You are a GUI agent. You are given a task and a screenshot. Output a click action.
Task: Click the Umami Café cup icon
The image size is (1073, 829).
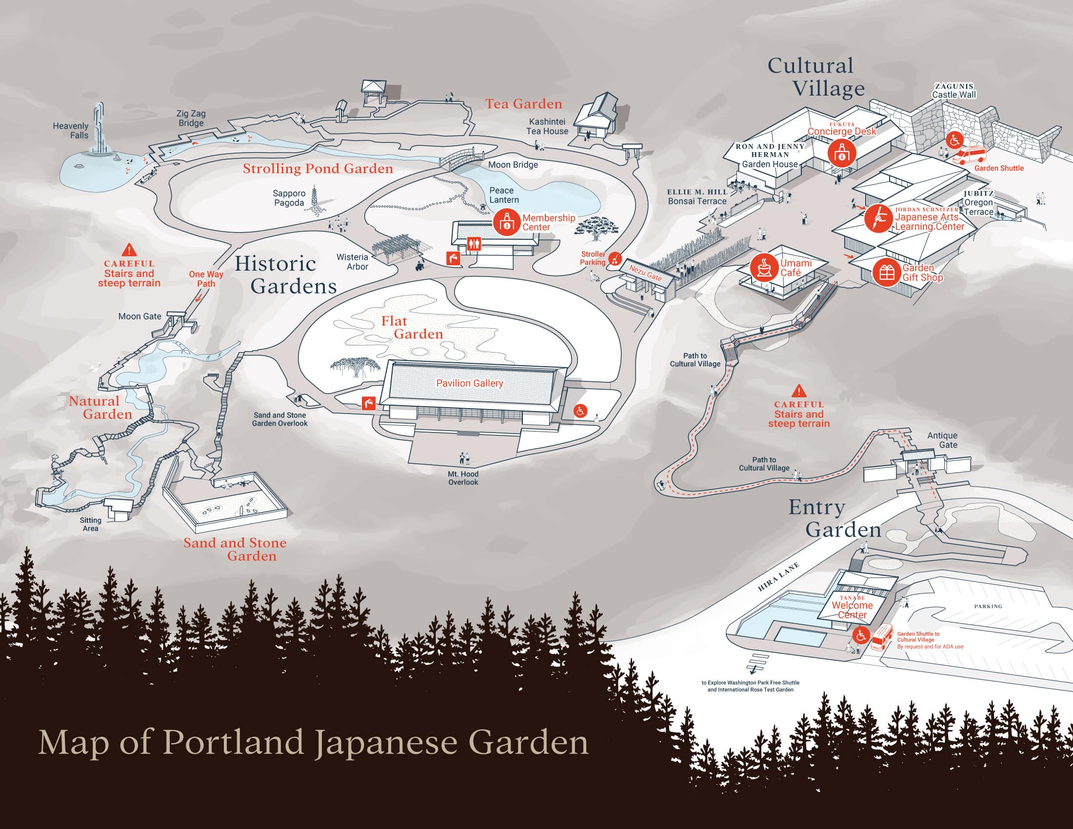pos(763,268)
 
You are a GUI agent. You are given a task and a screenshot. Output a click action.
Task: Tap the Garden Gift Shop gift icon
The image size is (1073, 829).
pos(887,272)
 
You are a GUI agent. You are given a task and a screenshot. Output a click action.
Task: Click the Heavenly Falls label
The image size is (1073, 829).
pos(71,131)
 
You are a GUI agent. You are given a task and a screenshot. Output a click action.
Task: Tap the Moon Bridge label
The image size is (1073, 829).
pos(513,165)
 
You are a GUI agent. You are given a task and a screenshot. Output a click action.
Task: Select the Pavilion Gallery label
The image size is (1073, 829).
pos(470,383)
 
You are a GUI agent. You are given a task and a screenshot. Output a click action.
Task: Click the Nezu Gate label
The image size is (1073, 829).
pos(645,273)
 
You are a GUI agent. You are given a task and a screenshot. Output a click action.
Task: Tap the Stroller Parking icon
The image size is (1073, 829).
pos(615,258)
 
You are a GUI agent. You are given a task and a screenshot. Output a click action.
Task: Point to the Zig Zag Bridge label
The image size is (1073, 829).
pos(191,118)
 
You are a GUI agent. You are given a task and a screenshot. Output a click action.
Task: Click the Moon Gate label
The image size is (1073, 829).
pos(139,317)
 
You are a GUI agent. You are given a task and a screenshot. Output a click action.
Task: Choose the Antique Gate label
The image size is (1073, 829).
pos(942,440)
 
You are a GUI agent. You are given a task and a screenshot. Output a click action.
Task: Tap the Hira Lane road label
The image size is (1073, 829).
pos(778,577)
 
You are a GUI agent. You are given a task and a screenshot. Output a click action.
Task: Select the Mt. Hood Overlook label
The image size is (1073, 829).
pos(463,478)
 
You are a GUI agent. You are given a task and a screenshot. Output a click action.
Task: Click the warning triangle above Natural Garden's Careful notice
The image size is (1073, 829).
pos(129,250)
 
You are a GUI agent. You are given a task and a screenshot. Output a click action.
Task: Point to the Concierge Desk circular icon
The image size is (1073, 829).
pos(842,153)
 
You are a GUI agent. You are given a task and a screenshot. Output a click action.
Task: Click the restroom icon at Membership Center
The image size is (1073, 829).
pos(474,244)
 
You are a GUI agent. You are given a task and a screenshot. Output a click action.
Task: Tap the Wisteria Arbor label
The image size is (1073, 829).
pos(352,262)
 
